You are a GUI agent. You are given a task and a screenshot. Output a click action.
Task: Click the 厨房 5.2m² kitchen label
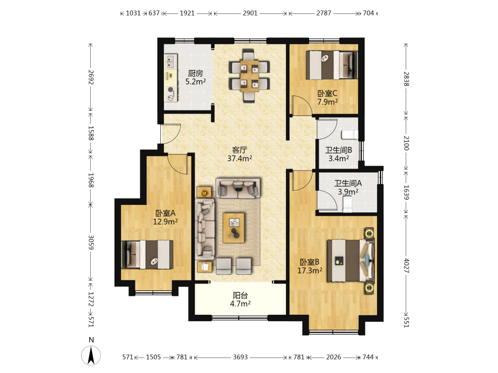(195, 78)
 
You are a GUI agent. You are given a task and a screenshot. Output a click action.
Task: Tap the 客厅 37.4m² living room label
(240, 154)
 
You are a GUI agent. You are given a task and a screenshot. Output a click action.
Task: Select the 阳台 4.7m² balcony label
(240, 300)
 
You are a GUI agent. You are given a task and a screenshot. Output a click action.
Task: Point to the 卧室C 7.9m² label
(328, 97)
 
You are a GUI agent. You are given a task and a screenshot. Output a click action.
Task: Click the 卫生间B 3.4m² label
(339, 154)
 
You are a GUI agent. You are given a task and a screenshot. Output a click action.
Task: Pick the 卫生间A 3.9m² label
(348, 187)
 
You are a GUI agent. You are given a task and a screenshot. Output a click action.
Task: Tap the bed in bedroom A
(147, 255)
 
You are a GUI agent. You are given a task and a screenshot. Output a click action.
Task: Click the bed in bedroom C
(332, 65)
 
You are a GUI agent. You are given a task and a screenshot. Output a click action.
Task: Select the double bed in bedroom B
(351, 261)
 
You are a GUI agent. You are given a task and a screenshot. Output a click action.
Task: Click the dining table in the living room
(249, 76)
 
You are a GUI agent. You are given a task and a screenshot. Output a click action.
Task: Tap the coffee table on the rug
(234, 228)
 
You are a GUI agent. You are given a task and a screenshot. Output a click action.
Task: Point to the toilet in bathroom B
(350, 135)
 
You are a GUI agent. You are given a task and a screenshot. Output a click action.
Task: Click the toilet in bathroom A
(348, 204)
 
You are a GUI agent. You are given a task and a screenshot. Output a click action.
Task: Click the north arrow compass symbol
(91, 355)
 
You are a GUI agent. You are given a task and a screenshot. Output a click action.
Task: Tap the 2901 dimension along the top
(250, 13)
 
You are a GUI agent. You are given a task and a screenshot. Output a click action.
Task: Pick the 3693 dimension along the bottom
(240, 357)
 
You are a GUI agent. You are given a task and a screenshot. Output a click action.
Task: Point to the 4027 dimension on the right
(406, 266)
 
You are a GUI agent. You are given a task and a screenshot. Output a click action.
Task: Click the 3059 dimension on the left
(91, 242)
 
